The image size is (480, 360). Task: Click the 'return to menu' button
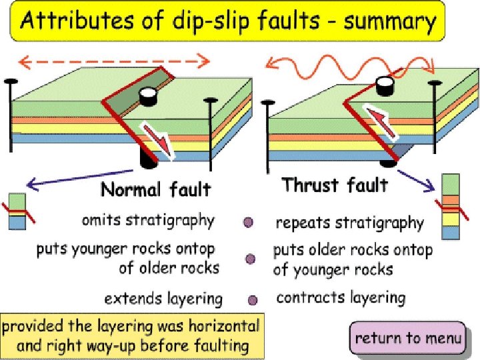[x=407, y=338]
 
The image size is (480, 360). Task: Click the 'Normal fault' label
[x=155, y=190]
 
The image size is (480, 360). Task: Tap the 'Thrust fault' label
[x=334, y=184]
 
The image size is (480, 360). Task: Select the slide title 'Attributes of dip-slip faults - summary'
[x=227, y=23]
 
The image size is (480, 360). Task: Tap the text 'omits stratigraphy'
[x=148, y=220]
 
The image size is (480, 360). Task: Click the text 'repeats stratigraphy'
[x=349, y=222]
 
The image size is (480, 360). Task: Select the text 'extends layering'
[x=163, y=298]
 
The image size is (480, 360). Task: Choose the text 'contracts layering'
[x=340, y=297]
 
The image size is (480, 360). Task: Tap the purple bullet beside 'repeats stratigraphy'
[x=248, y=223]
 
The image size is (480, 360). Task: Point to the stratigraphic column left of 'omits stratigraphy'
[x=17, y=212]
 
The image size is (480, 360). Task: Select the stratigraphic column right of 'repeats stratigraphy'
[x=451, y=207]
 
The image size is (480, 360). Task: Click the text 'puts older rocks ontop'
[x=353, y=251]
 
